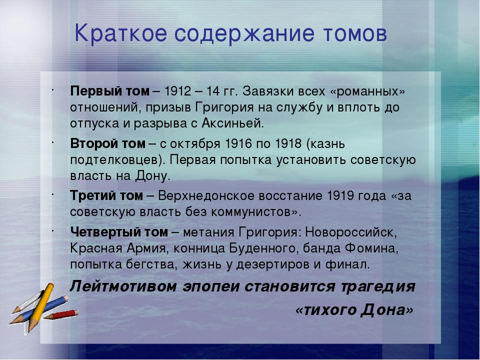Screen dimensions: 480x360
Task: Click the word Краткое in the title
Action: [x=120, y=33]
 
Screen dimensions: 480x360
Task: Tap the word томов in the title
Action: [x=355, y=33]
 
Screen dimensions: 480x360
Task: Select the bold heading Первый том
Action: [x=110, y=91]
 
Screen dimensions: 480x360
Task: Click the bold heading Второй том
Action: [x=108, y=143]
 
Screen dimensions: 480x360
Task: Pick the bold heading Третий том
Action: [x=106, y=195]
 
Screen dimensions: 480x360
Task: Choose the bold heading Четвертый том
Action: [x=119, y=232]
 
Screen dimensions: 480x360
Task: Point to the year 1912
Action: [x=178, y=91]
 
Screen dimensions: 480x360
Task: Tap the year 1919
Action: [x=340, y=195]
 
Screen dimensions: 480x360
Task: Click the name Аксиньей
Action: [x=232, y=123]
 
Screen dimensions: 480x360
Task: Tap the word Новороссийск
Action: [x=351, y=232]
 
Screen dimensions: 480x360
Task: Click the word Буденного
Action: [x=263, y=248]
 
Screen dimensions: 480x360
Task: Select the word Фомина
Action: [x=371, y=248]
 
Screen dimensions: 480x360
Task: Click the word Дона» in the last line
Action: [x=387, y=310]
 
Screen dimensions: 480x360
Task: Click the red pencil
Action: [x=61, y=314]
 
